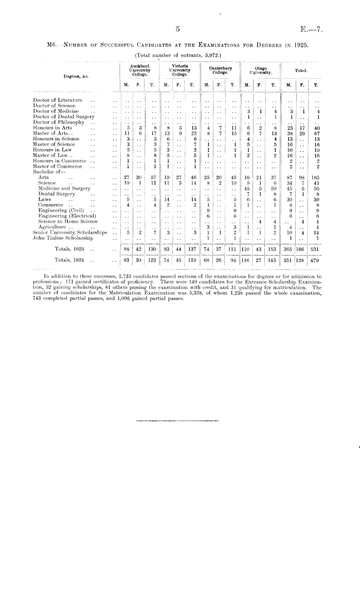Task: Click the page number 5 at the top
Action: click(x=176, y=30)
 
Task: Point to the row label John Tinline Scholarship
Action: click(x=62, y=238)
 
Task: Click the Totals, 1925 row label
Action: click(x=71, y=249)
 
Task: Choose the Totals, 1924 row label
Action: click(x=71, y=260)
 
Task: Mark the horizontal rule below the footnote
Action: click(x=167, y=421)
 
